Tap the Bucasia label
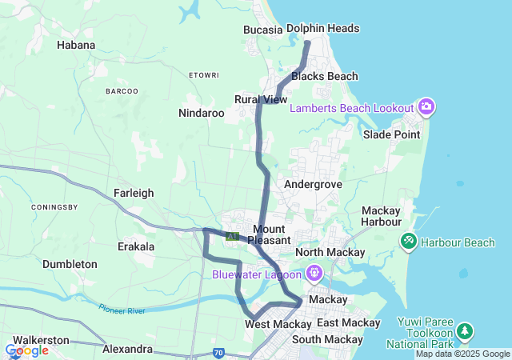263,30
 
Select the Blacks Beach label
325,77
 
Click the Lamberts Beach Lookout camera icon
426,106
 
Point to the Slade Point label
391,134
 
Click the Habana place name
76,45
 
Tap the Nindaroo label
202,113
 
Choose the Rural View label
261,99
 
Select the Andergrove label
314,184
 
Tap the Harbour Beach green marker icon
408,240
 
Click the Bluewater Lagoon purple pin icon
314,274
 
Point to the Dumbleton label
70,264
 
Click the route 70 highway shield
218,352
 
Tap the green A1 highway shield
232,237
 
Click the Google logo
27,350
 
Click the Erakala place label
136,246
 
